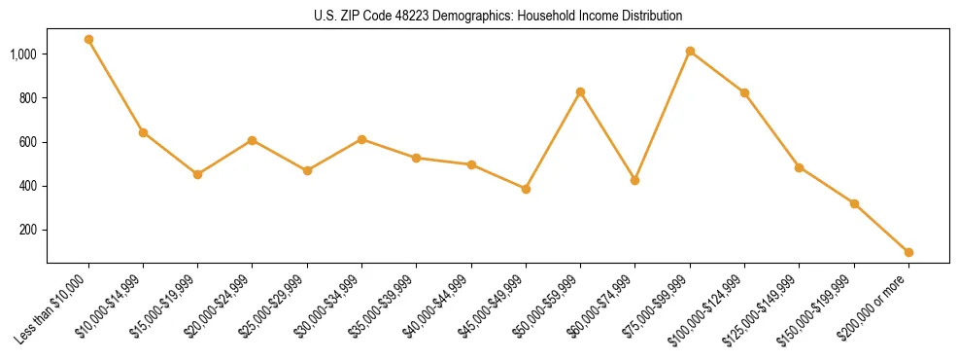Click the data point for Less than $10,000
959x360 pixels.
pos(88,40)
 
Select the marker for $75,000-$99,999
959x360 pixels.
pos(690,51)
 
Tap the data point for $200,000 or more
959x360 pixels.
pos(908,252)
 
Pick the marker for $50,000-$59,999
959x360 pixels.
pos(580,91)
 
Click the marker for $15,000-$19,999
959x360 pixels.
pos(197,174)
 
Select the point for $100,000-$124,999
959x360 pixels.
pos(744,92)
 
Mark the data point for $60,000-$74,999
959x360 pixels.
pos(634,180)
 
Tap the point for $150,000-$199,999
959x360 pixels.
pos(854,203)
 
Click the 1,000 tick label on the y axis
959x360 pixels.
pos(23,54)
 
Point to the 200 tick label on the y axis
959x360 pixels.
pos(28,230)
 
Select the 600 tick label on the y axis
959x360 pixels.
pos(28,142)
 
